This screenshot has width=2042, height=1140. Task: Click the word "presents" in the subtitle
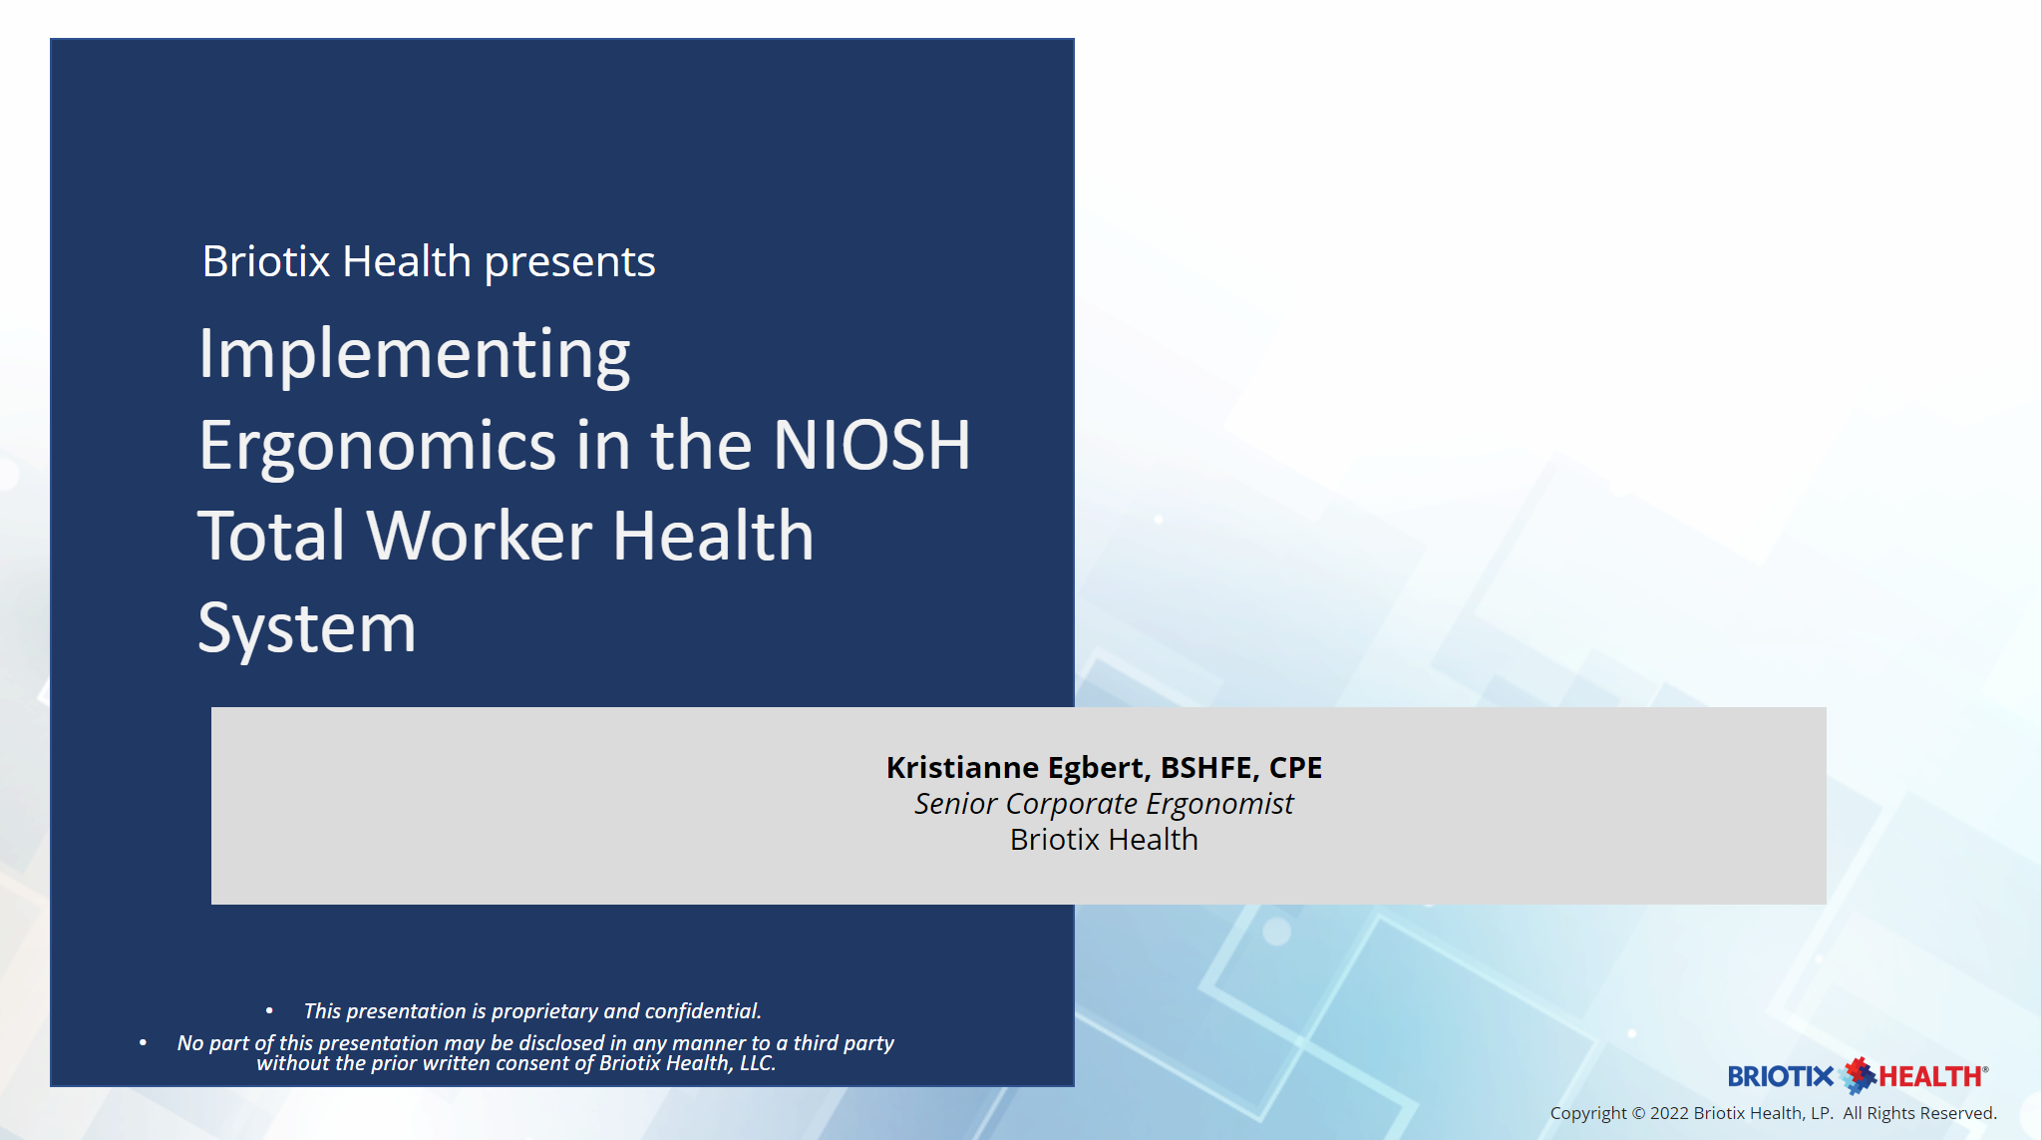click(569, 262)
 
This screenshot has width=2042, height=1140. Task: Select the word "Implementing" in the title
click(414, 354)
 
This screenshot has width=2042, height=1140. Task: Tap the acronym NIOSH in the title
click(871, 445)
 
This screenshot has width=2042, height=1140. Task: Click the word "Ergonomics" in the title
click(377, 446)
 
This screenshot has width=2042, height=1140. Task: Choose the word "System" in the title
click(306, 628)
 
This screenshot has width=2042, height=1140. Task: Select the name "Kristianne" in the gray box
click(962, 767)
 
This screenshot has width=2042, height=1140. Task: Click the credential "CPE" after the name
click(1295, 767)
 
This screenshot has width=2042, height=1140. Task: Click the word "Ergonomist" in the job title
click(1219, 804)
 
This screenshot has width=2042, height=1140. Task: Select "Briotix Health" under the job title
click(1104, 840)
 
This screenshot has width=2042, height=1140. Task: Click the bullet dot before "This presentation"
click(269, 1011)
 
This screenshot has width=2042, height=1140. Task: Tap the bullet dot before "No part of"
click(143, 1043)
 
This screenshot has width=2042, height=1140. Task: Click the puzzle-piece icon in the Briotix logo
click(1858, 1075)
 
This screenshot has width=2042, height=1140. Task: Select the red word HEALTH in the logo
click(1930, 1077)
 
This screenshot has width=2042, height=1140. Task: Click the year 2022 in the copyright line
click(1669, 1113)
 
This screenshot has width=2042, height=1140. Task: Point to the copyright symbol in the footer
click(1638, 1113)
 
